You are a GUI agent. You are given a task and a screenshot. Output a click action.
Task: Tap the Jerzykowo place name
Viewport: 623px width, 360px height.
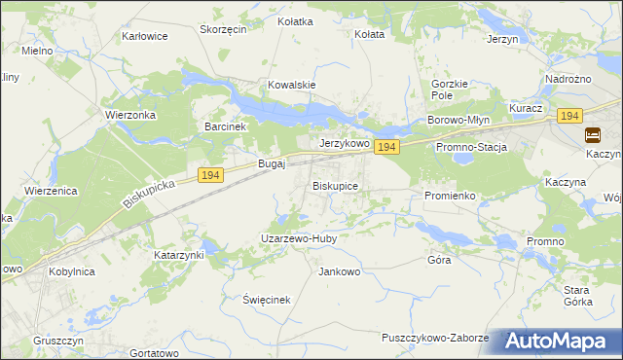345,142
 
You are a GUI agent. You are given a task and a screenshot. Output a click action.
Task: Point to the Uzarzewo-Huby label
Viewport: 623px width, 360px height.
298,237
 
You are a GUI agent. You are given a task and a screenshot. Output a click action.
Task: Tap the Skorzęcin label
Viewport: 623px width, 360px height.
223,29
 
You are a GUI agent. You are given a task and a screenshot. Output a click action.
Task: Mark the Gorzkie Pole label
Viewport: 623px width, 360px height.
450,90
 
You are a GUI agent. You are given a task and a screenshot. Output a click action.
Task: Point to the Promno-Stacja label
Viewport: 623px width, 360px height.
472,147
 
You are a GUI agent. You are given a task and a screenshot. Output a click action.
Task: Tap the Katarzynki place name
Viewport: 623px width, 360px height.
178,255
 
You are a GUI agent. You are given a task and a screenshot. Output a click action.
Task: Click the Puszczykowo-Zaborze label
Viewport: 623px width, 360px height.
435,337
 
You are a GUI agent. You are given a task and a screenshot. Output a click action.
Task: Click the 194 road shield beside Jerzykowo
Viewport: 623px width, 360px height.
386,147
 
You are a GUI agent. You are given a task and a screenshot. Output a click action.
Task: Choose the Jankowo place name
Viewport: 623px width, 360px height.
340,271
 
